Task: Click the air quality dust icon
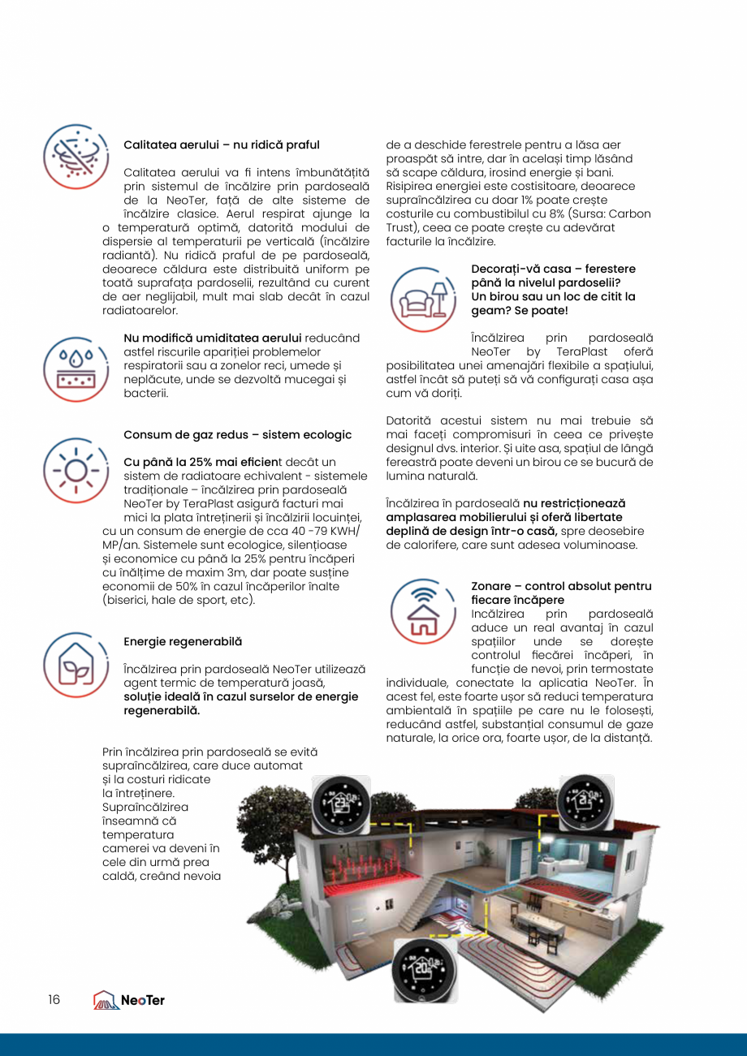point(76,156)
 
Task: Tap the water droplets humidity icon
point(76,369)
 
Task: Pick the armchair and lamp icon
point(423,298)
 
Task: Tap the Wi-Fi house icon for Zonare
point(423,610)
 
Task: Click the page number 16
point(54,999)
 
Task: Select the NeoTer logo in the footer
point(129,1000)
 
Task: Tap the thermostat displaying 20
point(425,970)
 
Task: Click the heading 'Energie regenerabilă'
point(183,641)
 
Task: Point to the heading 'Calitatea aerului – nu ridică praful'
point(221,144)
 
